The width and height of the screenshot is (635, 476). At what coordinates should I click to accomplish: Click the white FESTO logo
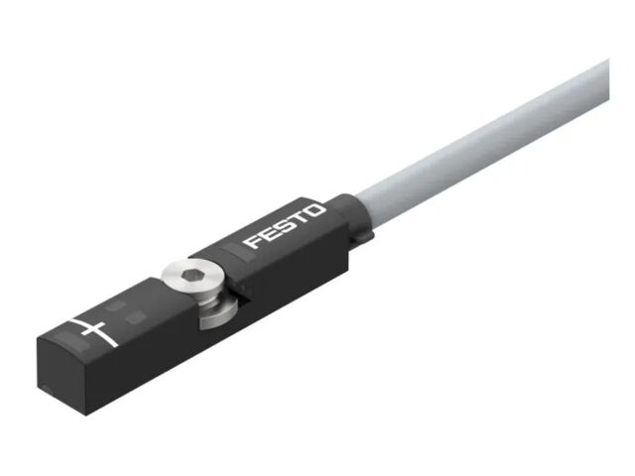[285, 226]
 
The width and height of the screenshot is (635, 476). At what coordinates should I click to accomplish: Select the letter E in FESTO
[268, 234]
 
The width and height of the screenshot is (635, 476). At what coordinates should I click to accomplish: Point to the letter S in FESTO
[284, 225]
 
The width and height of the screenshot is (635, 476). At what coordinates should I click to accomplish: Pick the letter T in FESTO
[299, 218]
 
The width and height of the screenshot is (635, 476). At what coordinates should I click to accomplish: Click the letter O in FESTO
[315, 211]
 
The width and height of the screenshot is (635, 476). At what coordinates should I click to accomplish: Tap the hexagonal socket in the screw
[191, 276]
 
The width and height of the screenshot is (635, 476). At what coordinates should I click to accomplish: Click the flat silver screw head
[191, 277]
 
